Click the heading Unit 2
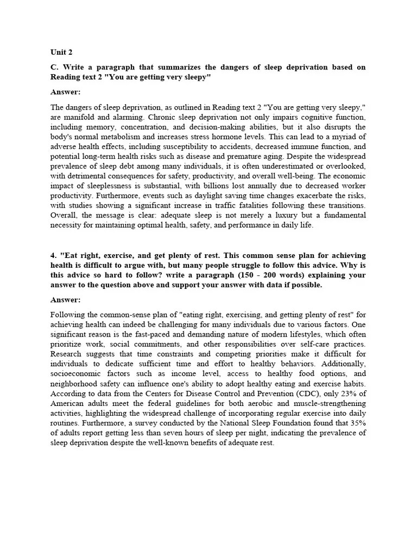click(61, 53)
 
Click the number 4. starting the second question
click(54, 255)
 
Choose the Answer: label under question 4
click(65, 300)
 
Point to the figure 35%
click(355, 423)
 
